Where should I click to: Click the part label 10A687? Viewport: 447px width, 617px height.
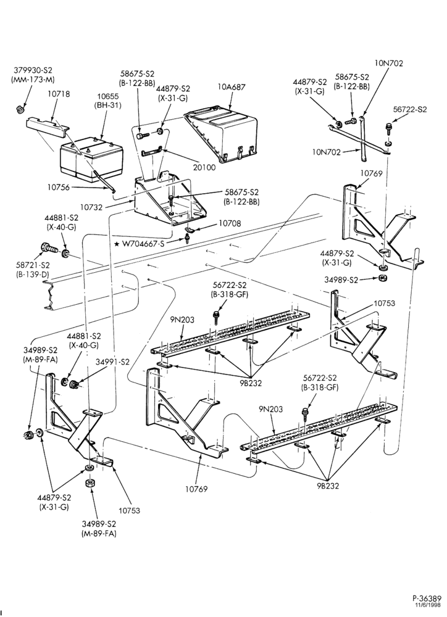click(x=231, y=88)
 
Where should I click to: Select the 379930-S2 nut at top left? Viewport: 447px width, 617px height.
click(x=21, y=108)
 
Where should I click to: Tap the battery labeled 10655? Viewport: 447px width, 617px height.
click(x=91, y=161)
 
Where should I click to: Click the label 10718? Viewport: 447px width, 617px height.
click(x=59, y=94)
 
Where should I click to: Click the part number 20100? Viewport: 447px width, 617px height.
click(x=204, y=167)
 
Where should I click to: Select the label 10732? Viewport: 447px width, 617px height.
click(x=92, y=205)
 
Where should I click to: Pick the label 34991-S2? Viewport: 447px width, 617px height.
click(x=112, y=362)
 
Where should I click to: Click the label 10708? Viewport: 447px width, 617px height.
click(x=230, y=223)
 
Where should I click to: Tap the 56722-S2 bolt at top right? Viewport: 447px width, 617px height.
click(x=389, y=128)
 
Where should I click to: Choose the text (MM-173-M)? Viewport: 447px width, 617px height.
click(x=33, y=80)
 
